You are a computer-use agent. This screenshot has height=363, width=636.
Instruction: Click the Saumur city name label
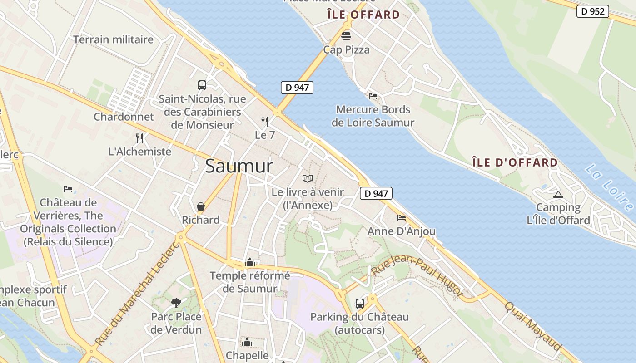[x=239, y=166]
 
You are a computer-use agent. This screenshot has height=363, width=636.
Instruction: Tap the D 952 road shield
[x=593, y=11]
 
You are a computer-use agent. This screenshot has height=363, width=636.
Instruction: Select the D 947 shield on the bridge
[x=297, y=88]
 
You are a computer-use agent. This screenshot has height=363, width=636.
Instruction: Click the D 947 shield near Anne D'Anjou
[x=376, y=193]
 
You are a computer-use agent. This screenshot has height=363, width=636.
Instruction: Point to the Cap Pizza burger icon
[x=346, y=36]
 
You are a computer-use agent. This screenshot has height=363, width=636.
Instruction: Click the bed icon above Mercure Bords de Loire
[x=373, y=96]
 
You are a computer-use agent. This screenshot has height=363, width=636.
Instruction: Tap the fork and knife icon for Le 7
[x=265, y=121]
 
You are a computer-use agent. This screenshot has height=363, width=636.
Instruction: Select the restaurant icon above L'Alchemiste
[x=139, y=138]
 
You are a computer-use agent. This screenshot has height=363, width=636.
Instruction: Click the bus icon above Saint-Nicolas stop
[x=202, y=85]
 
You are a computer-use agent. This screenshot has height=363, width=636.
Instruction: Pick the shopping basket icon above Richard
[x=200, y=206]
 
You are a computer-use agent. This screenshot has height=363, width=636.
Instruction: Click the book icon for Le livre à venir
[x=308, y=178]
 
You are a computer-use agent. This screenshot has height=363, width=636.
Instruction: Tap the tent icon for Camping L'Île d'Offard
[x=558, y=195]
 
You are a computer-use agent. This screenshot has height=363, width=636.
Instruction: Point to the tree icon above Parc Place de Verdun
[x=176, y=303]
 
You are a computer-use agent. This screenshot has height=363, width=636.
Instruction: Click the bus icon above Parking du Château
[x=359, y=303]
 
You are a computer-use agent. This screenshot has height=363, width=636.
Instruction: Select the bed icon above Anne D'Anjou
[x=401, y=218]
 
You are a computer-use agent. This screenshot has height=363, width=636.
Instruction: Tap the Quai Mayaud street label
[x=533, y=325]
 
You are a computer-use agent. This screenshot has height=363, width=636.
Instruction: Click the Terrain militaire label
[x=114, y=39]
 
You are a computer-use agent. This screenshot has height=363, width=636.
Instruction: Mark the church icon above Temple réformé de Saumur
[x=249, y=262]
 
